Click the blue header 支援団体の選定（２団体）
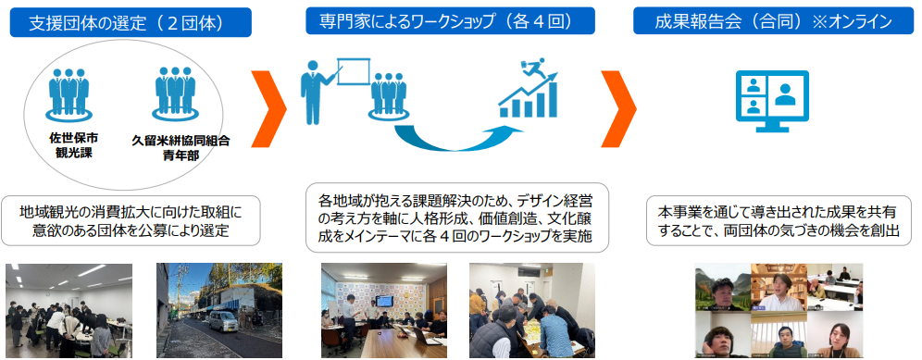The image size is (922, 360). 132,20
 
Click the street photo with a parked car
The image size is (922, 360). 207,309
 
